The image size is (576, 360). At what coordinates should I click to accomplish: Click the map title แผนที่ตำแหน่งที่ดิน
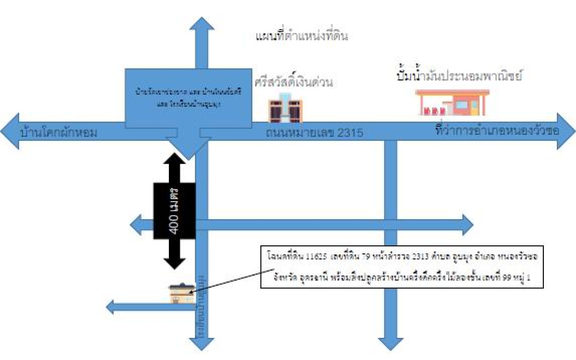coord(302,36)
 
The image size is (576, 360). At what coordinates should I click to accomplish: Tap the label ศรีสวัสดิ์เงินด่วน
coord(294,83)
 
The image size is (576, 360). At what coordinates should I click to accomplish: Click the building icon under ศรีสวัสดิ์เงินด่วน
coord(285,110)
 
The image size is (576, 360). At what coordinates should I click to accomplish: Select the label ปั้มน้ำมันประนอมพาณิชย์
coord(459,75)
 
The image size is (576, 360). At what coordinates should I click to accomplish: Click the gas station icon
coord(452,102)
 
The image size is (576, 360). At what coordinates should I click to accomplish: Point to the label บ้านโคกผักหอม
coord(59,132)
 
